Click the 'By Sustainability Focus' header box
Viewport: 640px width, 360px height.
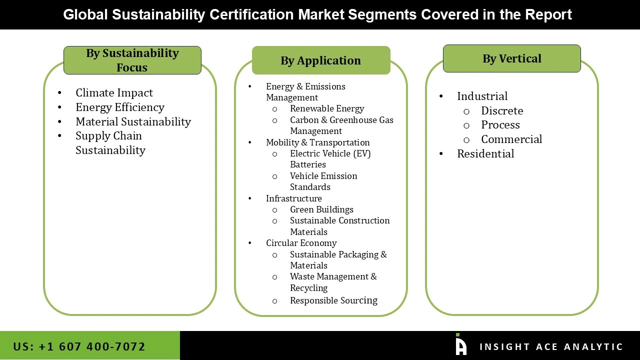pyautogui.click(x=132, y=60)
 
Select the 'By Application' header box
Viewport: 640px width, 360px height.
pyautogui.click(x=320, y=60)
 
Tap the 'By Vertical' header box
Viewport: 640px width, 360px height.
pyautogui.click(x=511, y=58)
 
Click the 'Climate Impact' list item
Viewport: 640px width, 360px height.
pyautogui.click(x=114, y=93)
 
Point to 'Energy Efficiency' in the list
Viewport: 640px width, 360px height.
pyautogui.click(x=120, y=107)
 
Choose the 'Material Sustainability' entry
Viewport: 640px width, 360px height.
pyautogui.click(x=133, y=122)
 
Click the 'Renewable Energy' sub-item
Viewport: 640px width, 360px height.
pyautogui.click(x=327, y=108)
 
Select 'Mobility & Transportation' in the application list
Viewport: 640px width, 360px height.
pyautogui.click(x=317, y=142)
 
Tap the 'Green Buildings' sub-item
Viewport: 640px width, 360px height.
pyautogui.click(x=321, y=209)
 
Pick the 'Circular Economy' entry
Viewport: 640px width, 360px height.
pyautogui.click(x=301, y=243)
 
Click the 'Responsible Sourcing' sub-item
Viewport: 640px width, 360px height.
pyautogui.click(x=333, y=300)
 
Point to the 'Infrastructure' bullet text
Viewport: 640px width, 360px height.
pyautogui.click(x=293, y=198)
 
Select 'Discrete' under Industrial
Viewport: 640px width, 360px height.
pyautogui.click(x=502, y=111)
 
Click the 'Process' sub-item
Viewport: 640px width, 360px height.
pyautogui.click(x=500, y=125)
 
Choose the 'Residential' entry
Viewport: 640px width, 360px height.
pyautogui.click(x=485, y=154)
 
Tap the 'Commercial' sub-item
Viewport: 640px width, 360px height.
pyautogui.click(x=511, y=139)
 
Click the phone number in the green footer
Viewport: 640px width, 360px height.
pyautogui.click(x=79, y=346)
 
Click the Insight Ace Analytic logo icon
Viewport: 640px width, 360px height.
pyautogui.click(x=460, y=345)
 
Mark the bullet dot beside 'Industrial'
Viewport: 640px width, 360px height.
pyautogui.click(x=441, y=96)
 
